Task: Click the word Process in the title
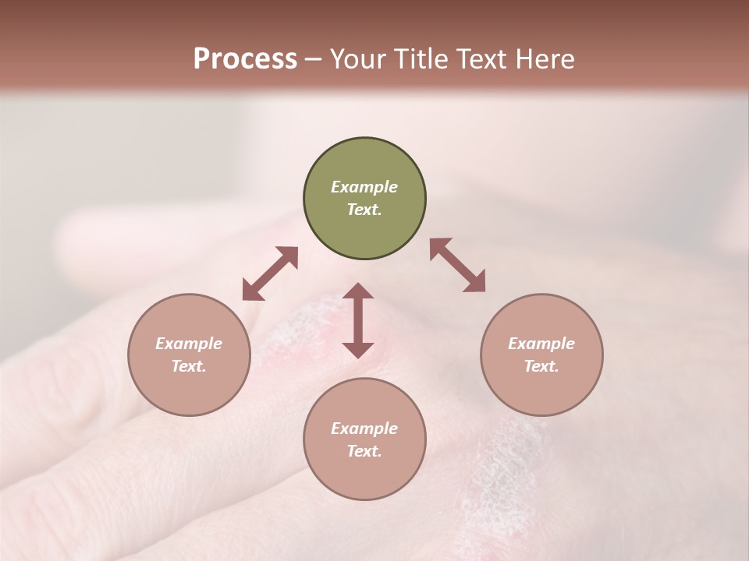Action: pyautogui.click(x=245, y=59)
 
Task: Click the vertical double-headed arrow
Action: pyautogui.click(x=358, y=320)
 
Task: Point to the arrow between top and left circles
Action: pyautogui.click(x=270, y=273)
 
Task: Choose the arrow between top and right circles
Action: pyautogui.click(x=457, y=265)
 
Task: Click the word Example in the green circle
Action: pyautogui.click(x=364, y=187)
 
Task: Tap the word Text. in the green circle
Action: pyautogui.click(x=364, y=210)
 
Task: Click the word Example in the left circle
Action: pyautogui.click(x=189, y=344)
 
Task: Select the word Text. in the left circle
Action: pyautogui.click(x=189, y=366)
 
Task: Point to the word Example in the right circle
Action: pyautogui.click(x=541, y=344)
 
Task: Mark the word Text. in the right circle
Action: pyautogui.click(x=541, y=366)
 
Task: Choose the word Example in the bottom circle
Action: pyautogui.click(x=364, y=429)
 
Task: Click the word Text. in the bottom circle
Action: pyautogui.click(x=364, y=451)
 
